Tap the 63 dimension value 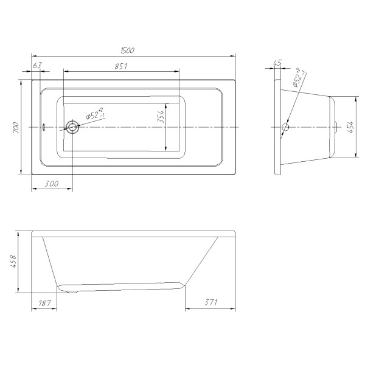[x=37, y=65]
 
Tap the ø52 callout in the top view [x=94, y=114]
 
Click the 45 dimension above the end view [x=278, y=63]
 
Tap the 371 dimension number [x=210, y=303]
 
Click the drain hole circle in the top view [x=72, y=127]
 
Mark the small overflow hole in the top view [x=44, y=127]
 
